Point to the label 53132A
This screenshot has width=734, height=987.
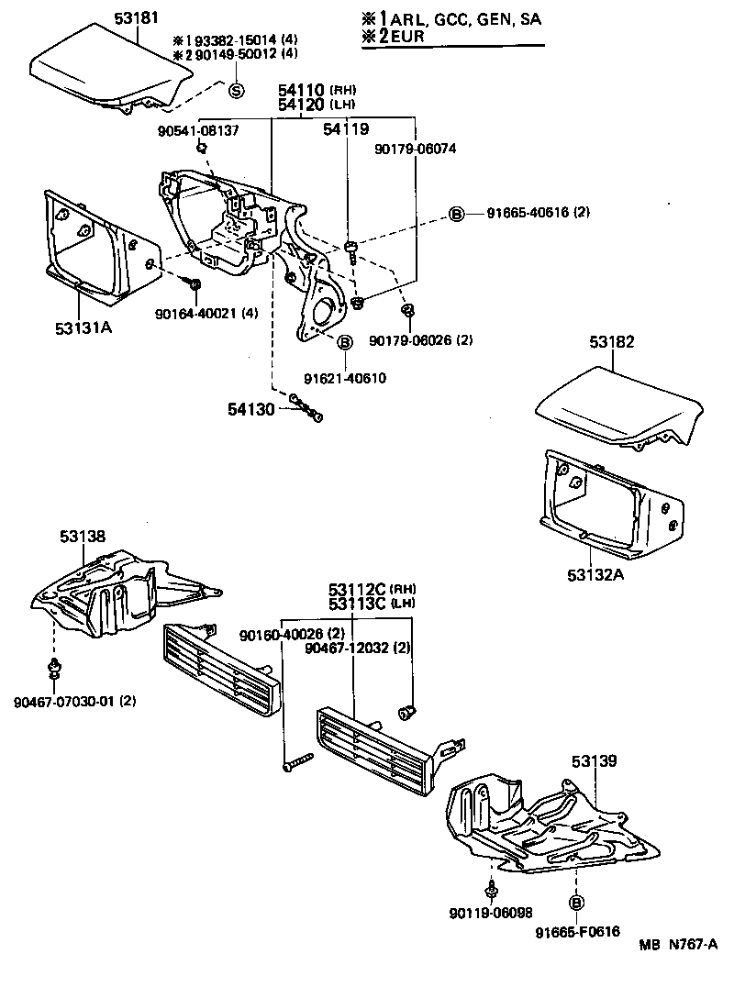pyautogui.click(x=599, y=575)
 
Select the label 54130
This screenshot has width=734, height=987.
pyautogui.click(x=251, y=408)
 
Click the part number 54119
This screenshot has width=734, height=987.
pyautogui.click(x=346, y=131)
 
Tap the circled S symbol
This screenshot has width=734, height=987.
pyautogui.click(x=235, y=90)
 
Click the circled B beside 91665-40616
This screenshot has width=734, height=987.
pyautogui.click(x=456, y=214)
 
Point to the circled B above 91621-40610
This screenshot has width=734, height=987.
pyautogui.click(x=345, y=342)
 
